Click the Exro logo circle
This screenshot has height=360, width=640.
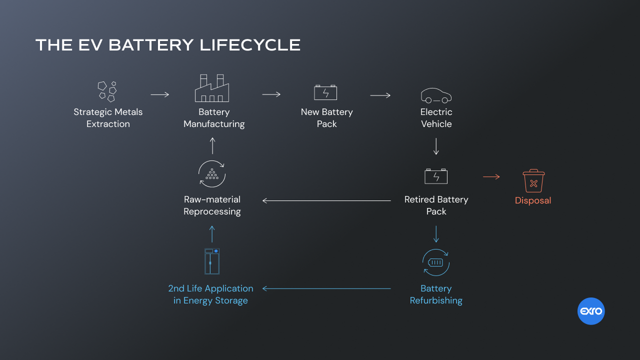pyautogui.click(x=591, y=311)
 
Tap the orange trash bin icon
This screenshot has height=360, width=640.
pyautogui.click(x=533, y=181)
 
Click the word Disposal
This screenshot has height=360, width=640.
pyautogui.click(x=533, y=200)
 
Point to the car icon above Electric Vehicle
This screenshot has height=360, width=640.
pyautogui.click(x=436, y=95)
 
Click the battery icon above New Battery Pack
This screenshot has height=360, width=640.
pyautogui.click(x=325, y=92)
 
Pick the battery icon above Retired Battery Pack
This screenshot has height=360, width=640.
pyautogui.click(x=436, y=176)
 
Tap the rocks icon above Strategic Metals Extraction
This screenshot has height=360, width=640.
pyautogui.click(x=107, y=91)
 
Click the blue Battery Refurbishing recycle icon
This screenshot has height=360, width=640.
pyautogui.click(x=436, y=262)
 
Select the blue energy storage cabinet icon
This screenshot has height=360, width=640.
pyautogui.click(x=212, y=261)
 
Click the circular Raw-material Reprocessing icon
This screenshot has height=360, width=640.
pyautogui.click(x=212, y=174)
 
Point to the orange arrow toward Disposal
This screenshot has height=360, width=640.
pyautogui.click(x=491, y=176)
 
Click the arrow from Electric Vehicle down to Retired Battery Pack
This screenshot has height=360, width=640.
pyautogui.click(x=436, y=146)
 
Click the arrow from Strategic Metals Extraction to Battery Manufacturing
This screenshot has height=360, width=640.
pyautogui.click(x=160, y=94)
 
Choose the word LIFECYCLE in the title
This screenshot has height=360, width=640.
pyautogui.click(x=250, y=45)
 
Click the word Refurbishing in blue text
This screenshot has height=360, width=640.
pyautogui.click(x=436, y=300)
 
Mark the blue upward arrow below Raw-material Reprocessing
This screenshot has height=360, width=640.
pyautogui.click(x=212, y=233)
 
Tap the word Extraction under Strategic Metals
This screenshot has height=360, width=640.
pyautogui.click(x=108, y=124)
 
